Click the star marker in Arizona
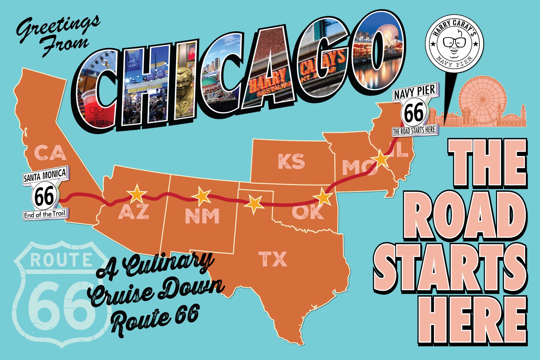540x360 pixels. tap(137, 194)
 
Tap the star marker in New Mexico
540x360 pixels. tap(202, 196)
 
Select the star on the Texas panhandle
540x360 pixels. tap(254, 204)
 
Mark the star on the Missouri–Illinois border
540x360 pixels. tap(381, 159)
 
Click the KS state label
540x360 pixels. tap(291, 161)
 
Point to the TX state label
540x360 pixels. tap(273, 259)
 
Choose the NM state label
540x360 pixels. tap(202, 216)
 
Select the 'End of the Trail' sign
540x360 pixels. tap(46, 215)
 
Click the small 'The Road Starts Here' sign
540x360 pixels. tap(414, 130)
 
